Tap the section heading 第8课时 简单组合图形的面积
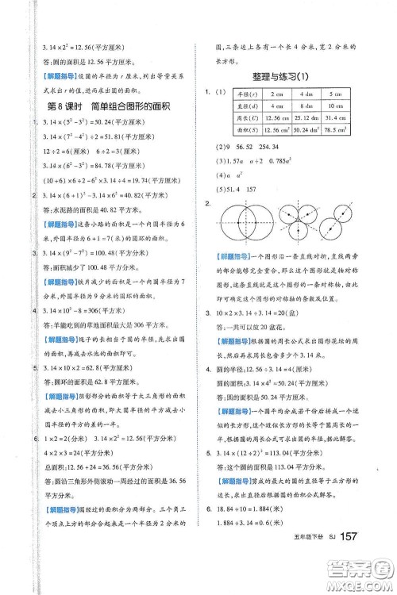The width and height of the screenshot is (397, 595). tap(109, 108)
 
